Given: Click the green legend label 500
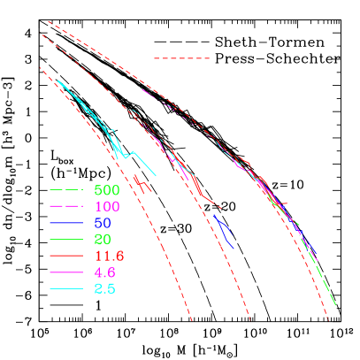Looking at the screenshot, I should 106,190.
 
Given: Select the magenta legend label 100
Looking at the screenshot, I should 106,207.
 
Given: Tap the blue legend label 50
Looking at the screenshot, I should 102,223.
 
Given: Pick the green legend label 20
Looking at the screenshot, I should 102,240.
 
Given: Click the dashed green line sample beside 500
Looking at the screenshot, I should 66,190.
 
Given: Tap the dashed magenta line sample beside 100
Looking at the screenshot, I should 66,207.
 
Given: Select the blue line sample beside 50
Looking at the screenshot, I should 66,223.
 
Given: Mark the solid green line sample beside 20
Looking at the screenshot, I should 66,240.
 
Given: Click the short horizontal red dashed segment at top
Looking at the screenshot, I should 181,58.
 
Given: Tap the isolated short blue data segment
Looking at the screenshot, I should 224,229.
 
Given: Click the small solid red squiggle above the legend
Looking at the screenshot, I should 142,184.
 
